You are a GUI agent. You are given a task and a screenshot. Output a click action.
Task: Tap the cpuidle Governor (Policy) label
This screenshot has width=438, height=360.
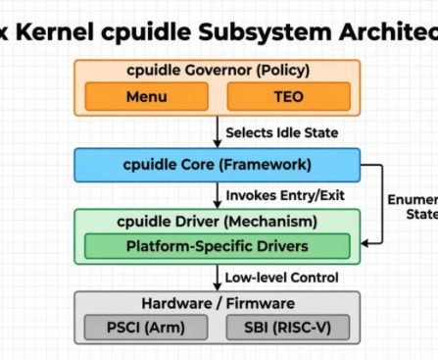point(214,72)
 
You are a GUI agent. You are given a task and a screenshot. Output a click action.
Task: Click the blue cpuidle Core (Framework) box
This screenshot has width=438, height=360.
point(214,164)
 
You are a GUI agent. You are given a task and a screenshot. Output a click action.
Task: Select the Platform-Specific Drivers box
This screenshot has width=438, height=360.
point(214,245)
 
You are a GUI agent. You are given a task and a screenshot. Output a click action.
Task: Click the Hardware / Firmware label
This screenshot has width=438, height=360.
point(214,302)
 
